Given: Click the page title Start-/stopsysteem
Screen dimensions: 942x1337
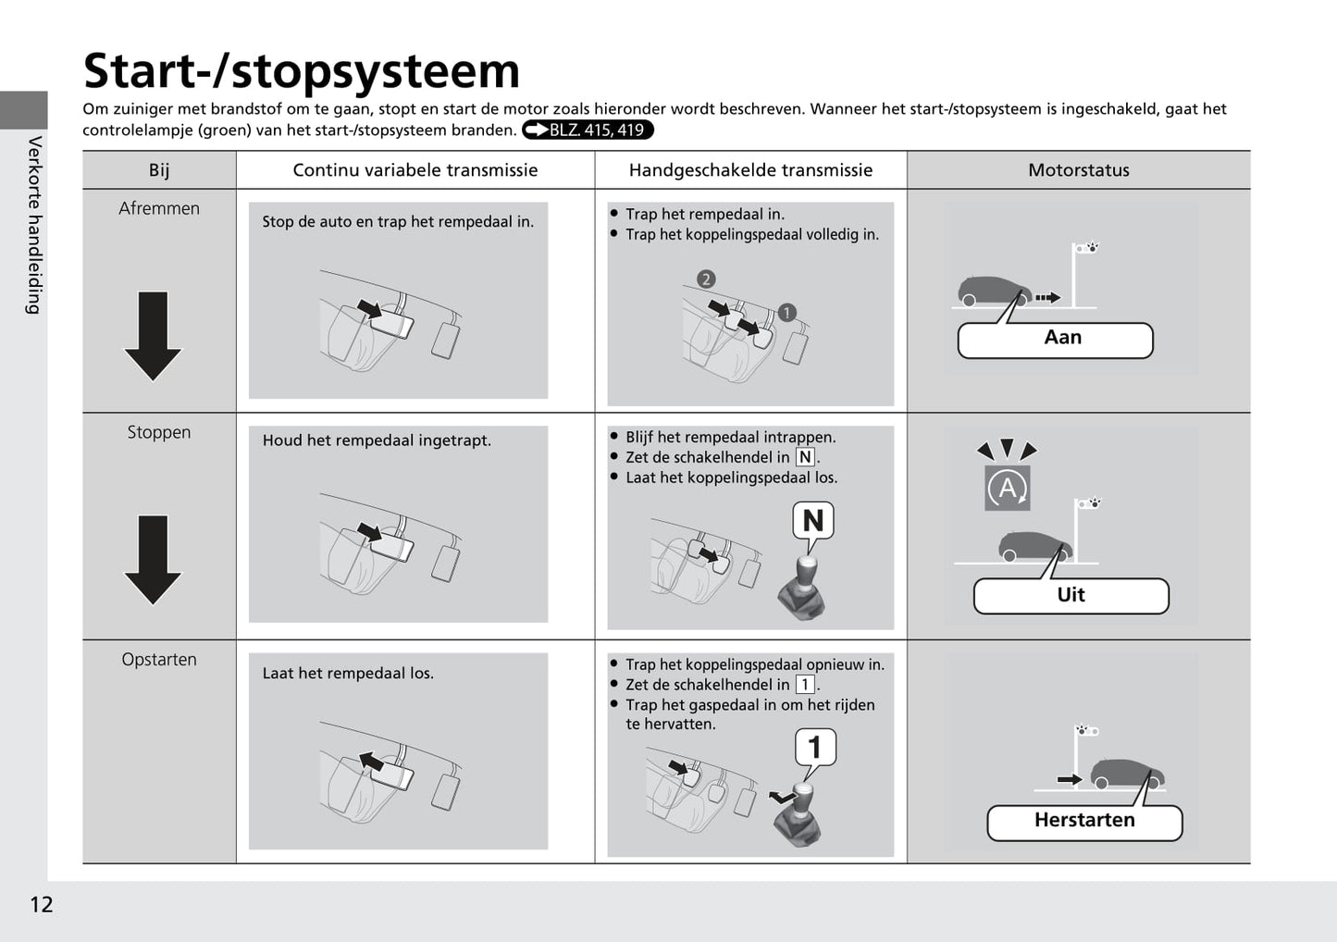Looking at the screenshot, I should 302,71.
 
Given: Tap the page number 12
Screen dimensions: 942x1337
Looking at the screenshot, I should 42,904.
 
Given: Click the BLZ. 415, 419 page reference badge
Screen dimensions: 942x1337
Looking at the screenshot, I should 588,130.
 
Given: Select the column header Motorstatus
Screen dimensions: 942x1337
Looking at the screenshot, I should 1078,170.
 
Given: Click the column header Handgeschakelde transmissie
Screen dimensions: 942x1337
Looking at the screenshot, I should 750,170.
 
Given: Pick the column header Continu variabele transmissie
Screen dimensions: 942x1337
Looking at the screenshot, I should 415,170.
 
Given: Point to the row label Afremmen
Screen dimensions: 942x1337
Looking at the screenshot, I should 159,209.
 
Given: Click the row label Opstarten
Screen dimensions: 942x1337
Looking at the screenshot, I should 159,660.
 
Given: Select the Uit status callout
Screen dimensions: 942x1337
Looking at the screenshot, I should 1071,596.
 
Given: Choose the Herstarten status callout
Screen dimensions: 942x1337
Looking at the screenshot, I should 1084,822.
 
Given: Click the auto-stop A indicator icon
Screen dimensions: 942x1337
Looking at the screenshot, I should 1007,488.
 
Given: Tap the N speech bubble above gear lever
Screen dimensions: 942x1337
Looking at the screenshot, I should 813,521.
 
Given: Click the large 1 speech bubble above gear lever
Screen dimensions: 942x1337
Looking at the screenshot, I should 815,747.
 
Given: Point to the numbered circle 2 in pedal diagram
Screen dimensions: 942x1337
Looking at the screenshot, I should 706,279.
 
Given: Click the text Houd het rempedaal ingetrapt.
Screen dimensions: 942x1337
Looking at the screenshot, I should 377,440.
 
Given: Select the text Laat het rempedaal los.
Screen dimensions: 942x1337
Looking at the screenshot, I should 348,674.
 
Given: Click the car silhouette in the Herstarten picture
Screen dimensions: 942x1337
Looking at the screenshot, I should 1125,774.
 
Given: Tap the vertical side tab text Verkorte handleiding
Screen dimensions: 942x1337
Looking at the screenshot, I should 34,225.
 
